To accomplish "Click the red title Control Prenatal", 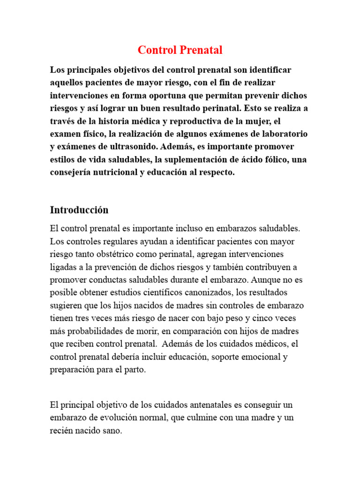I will click(180, 50).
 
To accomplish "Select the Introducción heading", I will click(79, 210).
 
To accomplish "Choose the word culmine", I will click(201, 417).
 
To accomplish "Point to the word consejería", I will click(70, 172).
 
